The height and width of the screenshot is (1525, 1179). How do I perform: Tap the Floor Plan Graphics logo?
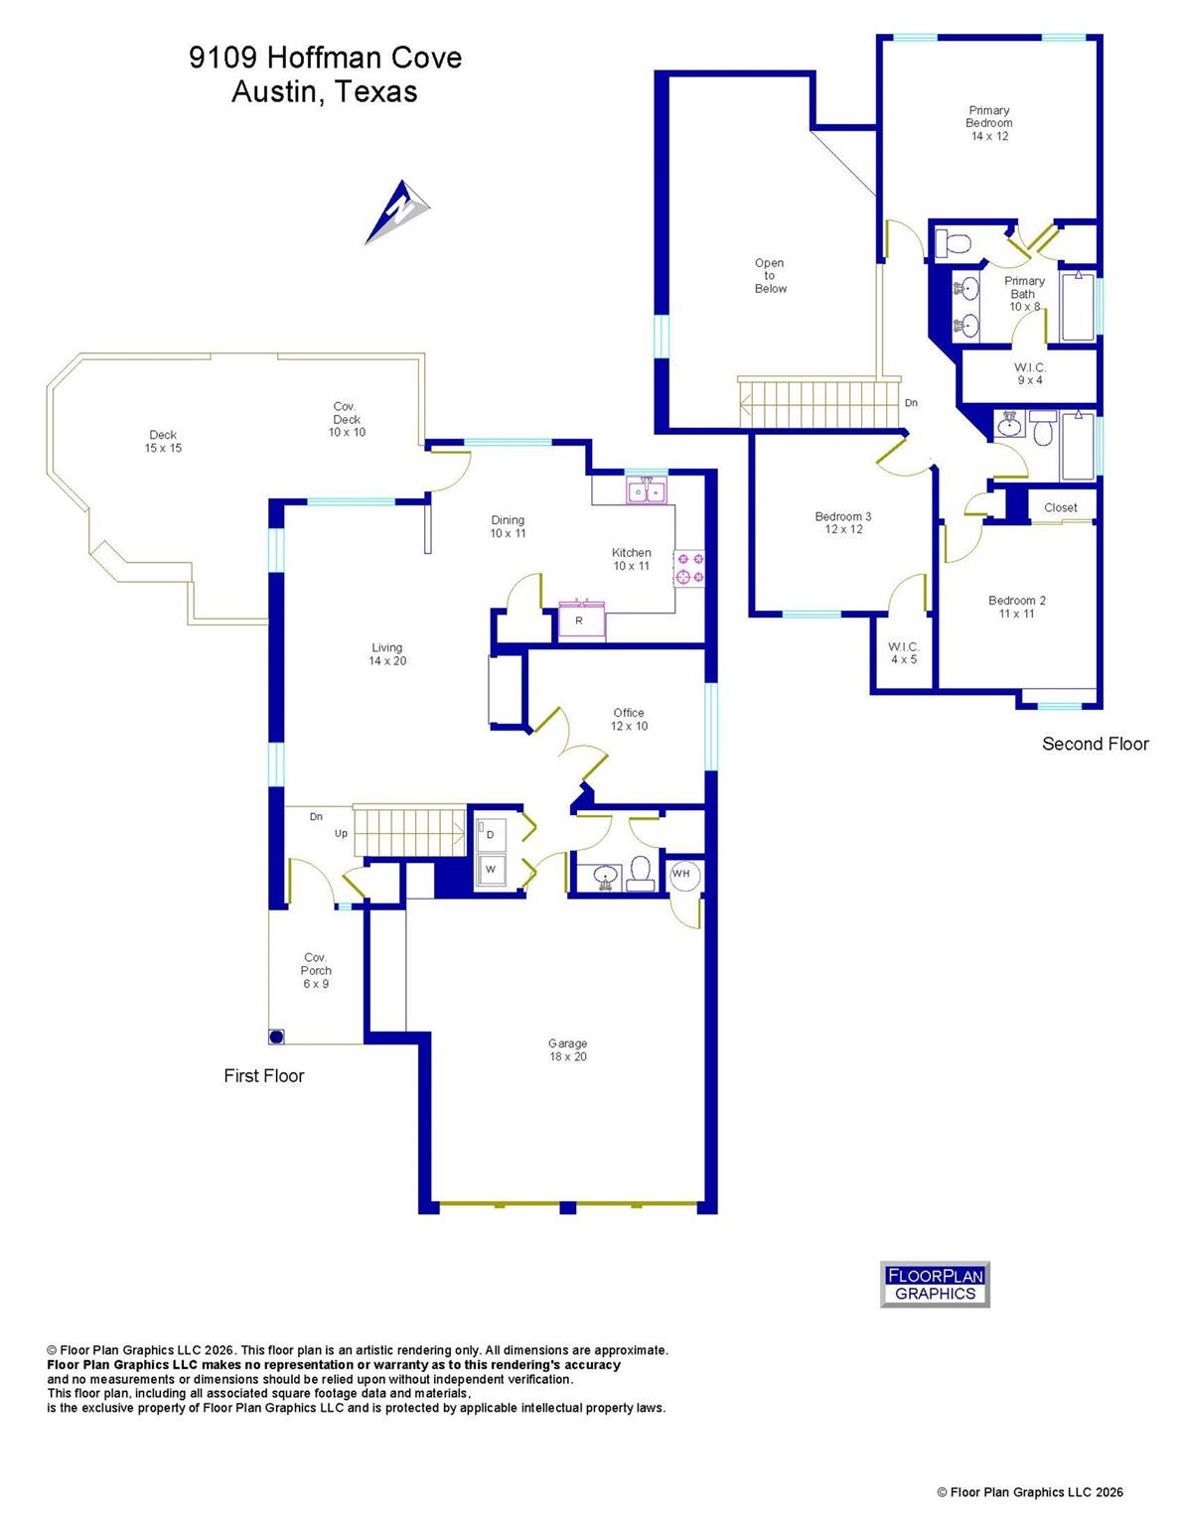coord(935,1284)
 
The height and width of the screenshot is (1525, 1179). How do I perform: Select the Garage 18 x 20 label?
coord(567,1049)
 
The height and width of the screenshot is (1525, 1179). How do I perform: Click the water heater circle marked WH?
coord(681,874)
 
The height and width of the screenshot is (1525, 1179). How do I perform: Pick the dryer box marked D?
coord(491,835)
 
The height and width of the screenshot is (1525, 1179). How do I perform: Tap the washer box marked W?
coord(491,870)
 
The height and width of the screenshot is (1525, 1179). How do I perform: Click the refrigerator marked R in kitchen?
coord(579,622)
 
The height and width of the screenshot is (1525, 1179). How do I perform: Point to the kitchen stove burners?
coord(690,568)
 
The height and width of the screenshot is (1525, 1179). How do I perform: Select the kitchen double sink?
coord(648,490)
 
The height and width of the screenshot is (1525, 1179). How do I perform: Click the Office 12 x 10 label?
coord(629,719)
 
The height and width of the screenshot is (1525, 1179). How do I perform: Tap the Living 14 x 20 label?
coord(387,654)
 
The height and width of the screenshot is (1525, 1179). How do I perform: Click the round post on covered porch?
coord(277,1037)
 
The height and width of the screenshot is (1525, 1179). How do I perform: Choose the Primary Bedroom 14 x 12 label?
coord(988,123)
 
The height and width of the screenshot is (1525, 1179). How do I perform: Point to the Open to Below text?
coord(770,276)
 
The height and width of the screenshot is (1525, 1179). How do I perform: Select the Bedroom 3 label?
coord(842,522)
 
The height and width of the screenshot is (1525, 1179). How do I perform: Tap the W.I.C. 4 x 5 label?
coord(903,652)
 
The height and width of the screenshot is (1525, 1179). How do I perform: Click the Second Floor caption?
coord(1095,744)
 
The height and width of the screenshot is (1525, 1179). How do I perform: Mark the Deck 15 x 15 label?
coord(163,441)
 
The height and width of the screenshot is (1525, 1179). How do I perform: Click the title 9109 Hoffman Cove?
coord(325,58)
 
